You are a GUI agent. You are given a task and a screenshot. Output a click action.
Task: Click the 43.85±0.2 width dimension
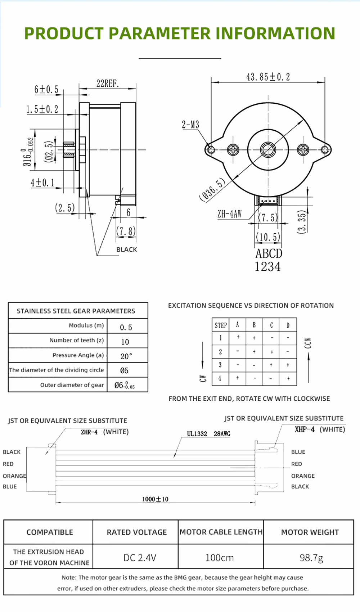[268, 77]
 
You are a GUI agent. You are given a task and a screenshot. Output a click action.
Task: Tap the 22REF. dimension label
[108, 83]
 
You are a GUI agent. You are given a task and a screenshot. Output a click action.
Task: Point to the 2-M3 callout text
[190, 125]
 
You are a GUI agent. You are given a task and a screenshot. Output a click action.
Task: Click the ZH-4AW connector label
[229, 214]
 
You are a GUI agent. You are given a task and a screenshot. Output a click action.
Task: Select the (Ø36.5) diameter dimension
[212, 189]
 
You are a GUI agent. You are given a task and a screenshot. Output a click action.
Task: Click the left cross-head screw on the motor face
[233, 149]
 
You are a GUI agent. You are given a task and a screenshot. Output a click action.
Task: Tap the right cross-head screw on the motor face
[303, 149]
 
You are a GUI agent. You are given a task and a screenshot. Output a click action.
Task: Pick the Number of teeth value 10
[125, 342]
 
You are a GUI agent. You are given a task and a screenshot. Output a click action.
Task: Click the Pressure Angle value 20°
[126, 356]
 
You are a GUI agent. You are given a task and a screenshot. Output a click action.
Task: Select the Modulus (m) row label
[86, 325]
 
